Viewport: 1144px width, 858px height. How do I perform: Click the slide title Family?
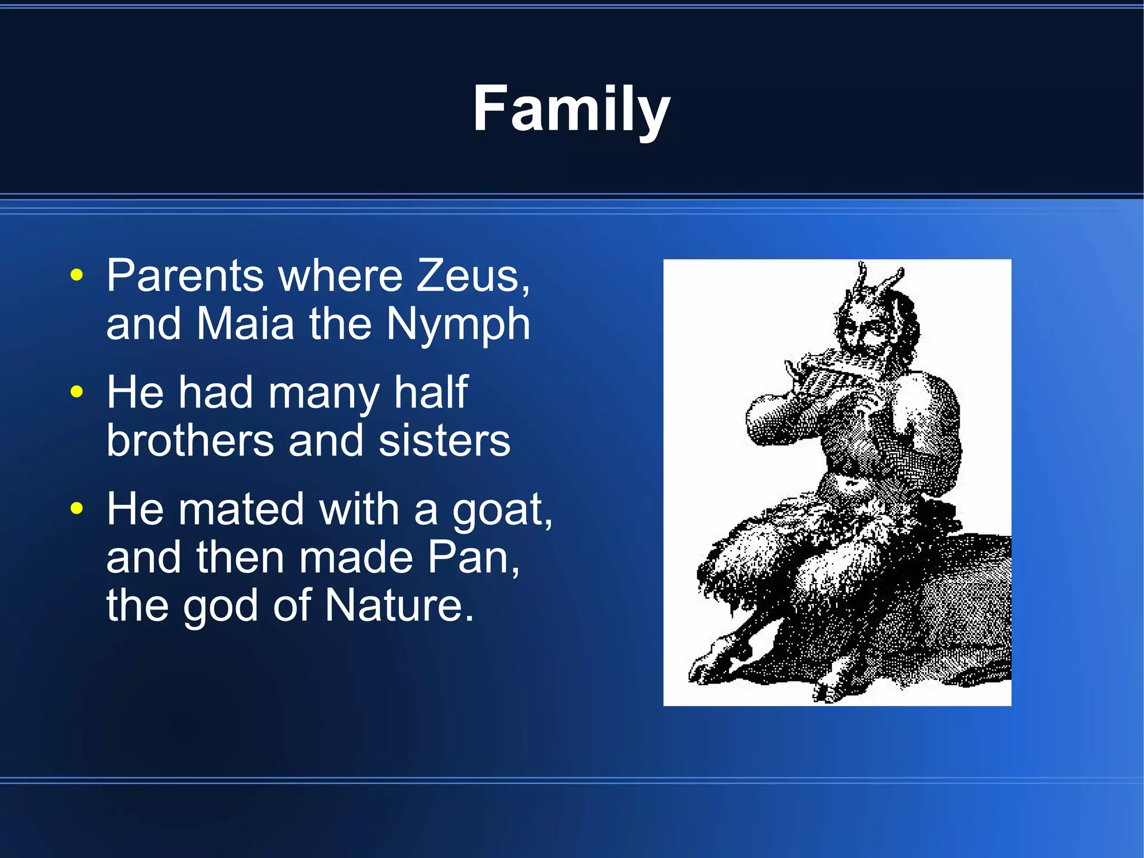pos(571,108)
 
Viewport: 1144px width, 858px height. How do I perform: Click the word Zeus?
pos(472,276)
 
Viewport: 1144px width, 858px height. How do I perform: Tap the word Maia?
pos(245,324)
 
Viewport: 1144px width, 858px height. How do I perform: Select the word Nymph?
pos(458,325)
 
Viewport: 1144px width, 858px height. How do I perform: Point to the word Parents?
pos(185,276)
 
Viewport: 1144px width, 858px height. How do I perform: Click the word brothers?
pos(190,440)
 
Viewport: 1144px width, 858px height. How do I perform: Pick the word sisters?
pos(444,440)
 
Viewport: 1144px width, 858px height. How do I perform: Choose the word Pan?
pos(473,557)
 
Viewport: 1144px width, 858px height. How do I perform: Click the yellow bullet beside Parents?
pos(77,276)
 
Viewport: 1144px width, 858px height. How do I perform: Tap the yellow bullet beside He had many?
pos(77,392)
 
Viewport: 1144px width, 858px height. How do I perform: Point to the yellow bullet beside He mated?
pos(77,509)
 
